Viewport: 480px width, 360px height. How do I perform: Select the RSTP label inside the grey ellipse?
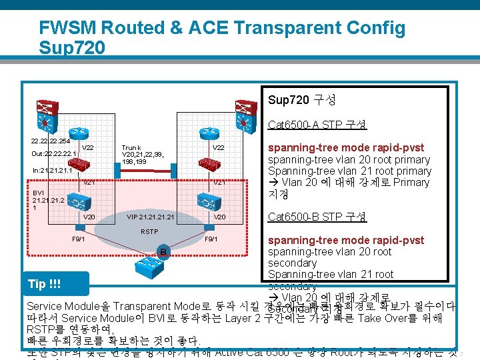tap(149, 232)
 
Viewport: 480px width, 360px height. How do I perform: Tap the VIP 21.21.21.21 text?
tap(150, 217)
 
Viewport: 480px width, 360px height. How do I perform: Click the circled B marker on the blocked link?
tap(161, 252)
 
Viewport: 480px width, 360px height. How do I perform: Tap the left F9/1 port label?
tap(78, 239)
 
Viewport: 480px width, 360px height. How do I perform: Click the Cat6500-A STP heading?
tap(317, 125)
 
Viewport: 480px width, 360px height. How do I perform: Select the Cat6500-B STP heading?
tap(317, 217)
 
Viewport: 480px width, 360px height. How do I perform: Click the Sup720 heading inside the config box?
tap(301, 100)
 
